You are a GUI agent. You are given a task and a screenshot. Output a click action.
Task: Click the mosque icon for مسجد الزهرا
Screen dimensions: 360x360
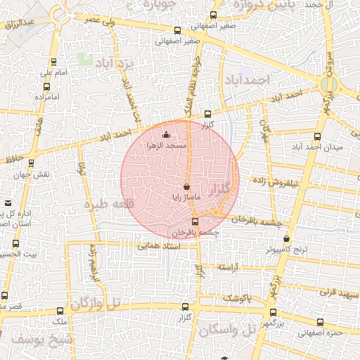tap(166, 134)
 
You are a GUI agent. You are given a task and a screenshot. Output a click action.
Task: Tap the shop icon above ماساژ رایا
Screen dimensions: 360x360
tap(186, 187)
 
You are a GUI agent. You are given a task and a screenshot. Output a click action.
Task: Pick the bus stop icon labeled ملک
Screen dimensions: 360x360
tap(59, 310)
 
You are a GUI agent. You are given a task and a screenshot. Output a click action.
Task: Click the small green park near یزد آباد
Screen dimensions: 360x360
tap(86, 59)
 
